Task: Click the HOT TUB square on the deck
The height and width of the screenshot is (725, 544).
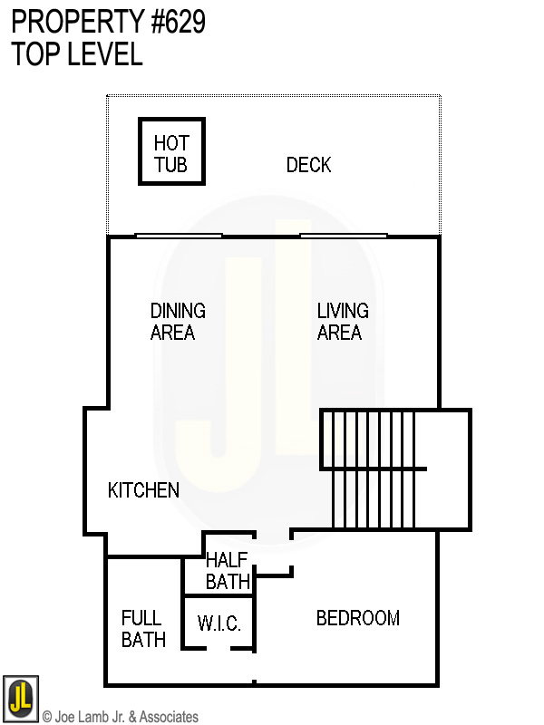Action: [x=170, y=151]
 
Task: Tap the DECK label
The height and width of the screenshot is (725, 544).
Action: [x=308, y=165]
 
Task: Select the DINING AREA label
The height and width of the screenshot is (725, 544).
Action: [x=177, y=322]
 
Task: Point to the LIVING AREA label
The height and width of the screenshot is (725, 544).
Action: [x=342, y=322]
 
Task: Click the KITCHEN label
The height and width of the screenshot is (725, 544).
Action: [x=143, y=490]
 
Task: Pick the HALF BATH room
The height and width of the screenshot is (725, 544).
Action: [x=227, y=571]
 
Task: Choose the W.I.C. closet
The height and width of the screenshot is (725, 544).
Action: [x=219, y=623]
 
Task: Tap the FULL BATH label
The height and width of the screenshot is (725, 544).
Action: [x=142, y=629]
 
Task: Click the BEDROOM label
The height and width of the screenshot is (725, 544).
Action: [x=357, y=619]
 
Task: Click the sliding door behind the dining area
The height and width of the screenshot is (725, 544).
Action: [x=179, y=236]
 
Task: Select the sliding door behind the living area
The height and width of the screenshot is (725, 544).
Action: [x=344, y=236]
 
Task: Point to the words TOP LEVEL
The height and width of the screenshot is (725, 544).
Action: [x=77, y=54]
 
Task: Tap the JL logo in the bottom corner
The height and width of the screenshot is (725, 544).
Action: [x=20, y=699]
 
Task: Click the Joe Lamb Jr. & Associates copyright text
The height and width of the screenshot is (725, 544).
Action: [x=121, y=717]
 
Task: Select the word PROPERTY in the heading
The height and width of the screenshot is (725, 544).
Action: [x=71, y=22]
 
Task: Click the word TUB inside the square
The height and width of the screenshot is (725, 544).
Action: [x=170, y=165]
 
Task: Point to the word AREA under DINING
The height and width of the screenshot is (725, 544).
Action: [x=172, y=333]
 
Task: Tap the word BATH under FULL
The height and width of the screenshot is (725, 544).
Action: [x=143, y=640]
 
